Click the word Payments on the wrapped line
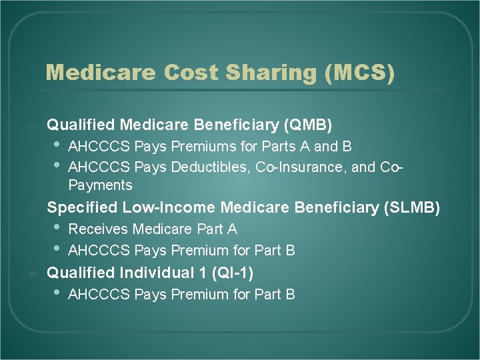point(101,185)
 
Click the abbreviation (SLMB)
point(412,208)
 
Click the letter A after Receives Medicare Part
point(232,229)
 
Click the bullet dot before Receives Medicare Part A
point(55,229)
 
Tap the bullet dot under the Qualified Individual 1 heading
point(55,294)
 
